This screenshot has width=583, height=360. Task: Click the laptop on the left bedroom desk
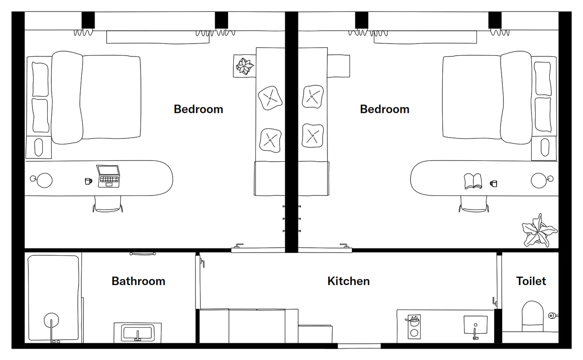coord(109,176)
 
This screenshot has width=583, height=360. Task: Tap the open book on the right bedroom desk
coord(473,181)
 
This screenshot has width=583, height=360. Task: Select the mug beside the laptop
coord(89,181)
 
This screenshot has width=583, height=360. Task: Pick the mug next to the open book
coord(493,184)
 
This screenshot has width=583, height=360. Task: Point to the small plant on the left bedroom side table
coord(244,66)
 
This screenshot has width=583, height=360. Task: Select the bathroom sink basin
coord(138,333)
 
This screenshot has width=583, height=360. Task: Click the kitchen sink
coord(475,325)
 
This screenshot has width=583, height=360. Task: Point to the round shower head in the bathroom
coord(51,320)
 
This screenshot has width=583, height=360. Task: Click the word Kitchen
coord(349,281)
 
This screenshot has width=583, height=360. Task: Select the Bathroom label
coord(138,281)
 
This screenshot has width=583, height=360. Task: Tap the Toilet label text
coord(531,281)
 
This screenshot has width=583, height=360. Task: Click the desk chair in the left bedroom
coord(108,204)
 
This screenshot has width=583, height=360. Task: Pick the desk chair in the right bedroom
coord(474,204)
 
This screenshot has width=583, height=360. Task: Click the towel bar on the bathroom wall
coord(143,254)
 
